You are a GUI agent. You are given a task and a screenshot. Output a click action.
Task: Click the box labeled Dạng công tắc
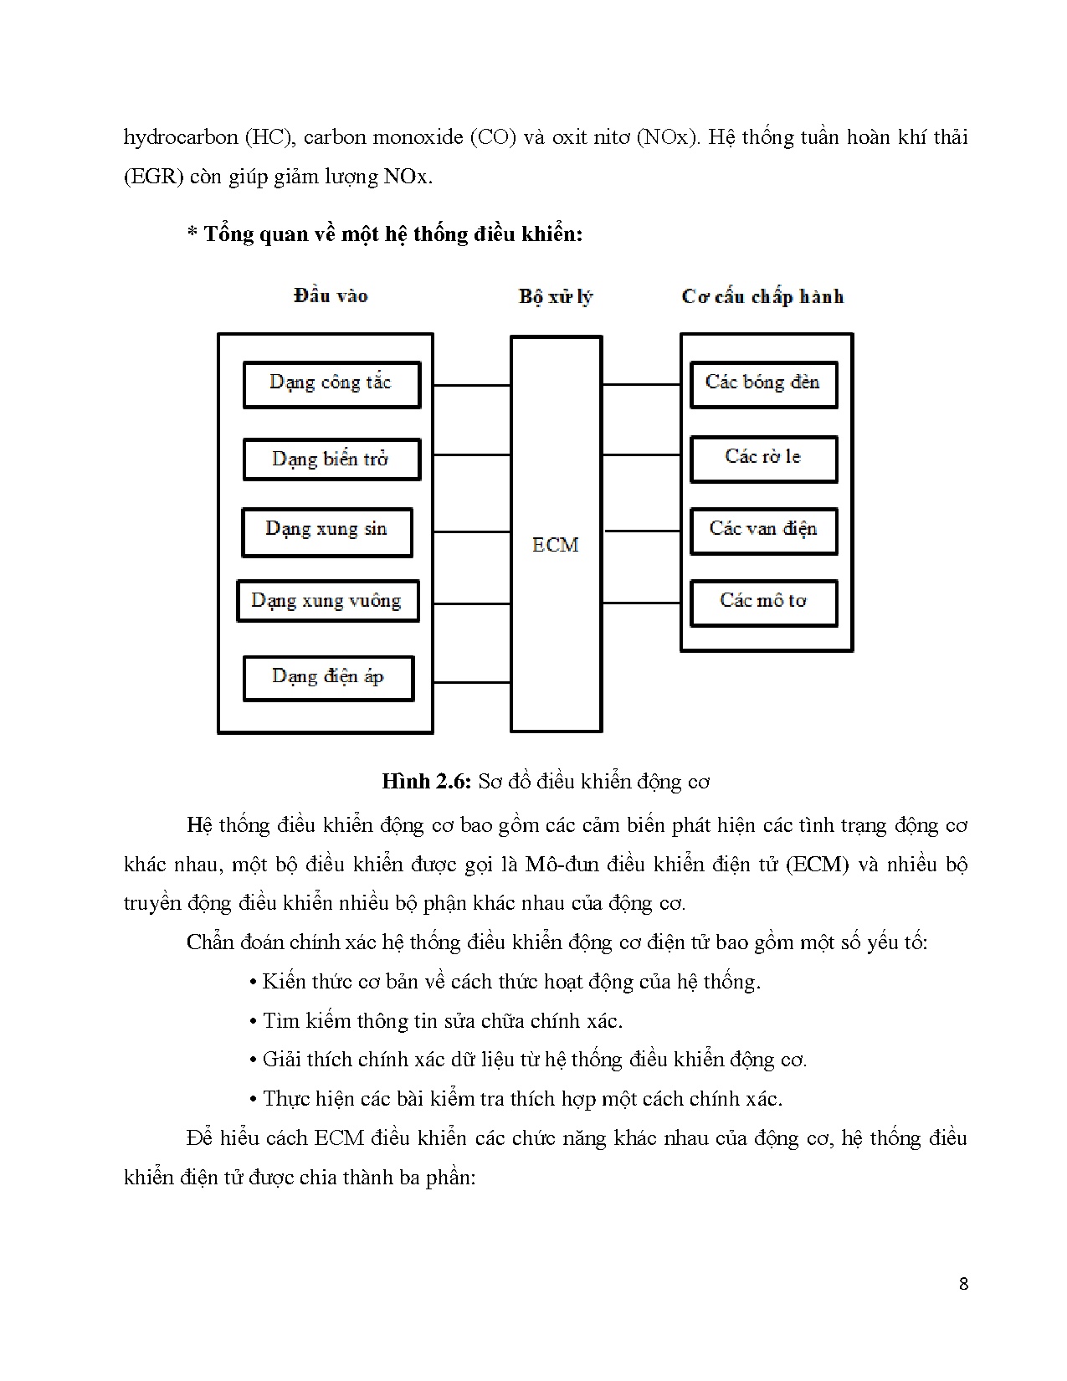pyautogui.click(x=331, y=384)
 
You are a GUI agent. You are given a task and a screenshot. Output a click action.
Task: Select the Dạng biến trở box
pyautogui.click(x=331, y=459)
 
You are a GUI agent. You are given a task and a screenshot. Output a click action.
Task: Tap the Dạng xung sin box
pyautogui.click(x=327, y=531)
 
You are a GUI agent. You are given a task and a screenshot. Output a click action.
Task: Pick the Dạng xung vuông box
pyautogui.click(x=327, y=601)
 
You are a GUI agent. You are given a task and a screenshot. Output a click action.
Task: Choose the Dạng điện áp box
pyautogui.click(x=328, y=678)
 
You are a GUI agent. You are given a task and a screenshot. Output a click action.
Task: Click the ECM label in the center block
pyautogui.click(x=556, y=545)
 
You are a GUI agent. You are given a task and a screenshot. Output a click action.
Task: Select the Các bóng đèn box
pyautogui.click(x=762, y=384)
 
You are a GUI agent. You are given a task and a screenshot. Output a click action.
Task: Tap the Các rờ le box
pyautogui.click(x=762, y=459)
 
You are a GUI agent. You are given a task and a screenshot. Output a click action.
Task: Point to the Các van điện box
pyautogui.click(x=762, y=531)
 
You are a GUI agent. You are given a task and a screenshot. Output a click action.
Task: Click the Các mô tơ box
pyautogui.click(x=762, y=603)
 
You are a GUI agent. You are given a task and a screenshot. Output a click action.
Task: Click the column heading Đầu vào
pyautogui.click(x=331, y=295)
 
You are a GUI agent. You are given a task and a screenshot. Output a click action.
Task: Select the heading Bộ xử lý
pyautogui.click(x=556, y=296)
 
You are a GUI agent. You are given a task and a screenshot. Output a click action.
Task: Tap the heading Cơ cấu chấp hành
pyautogui.click(x=762, y=296)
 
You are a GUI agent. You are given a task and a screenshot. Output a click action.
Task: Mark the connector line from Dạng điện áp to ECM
pyautogui.click(x=472, y=682)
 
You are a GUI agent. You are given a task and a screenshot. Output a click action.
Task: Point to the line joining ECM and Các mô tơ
pyautogui.click(x=641, y=603)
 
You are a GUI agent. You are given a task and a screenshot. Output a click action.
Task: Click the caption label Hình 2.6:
pyautogui.click(x=427, y=782)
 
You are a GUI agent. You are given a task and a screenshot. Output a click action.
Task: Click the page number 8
pyautogui.click(x=963, y=1284)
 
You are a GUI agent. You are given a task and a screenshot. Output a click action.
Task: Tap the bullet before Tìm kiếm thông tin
pyautogui.click(x=253, y=1022)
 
